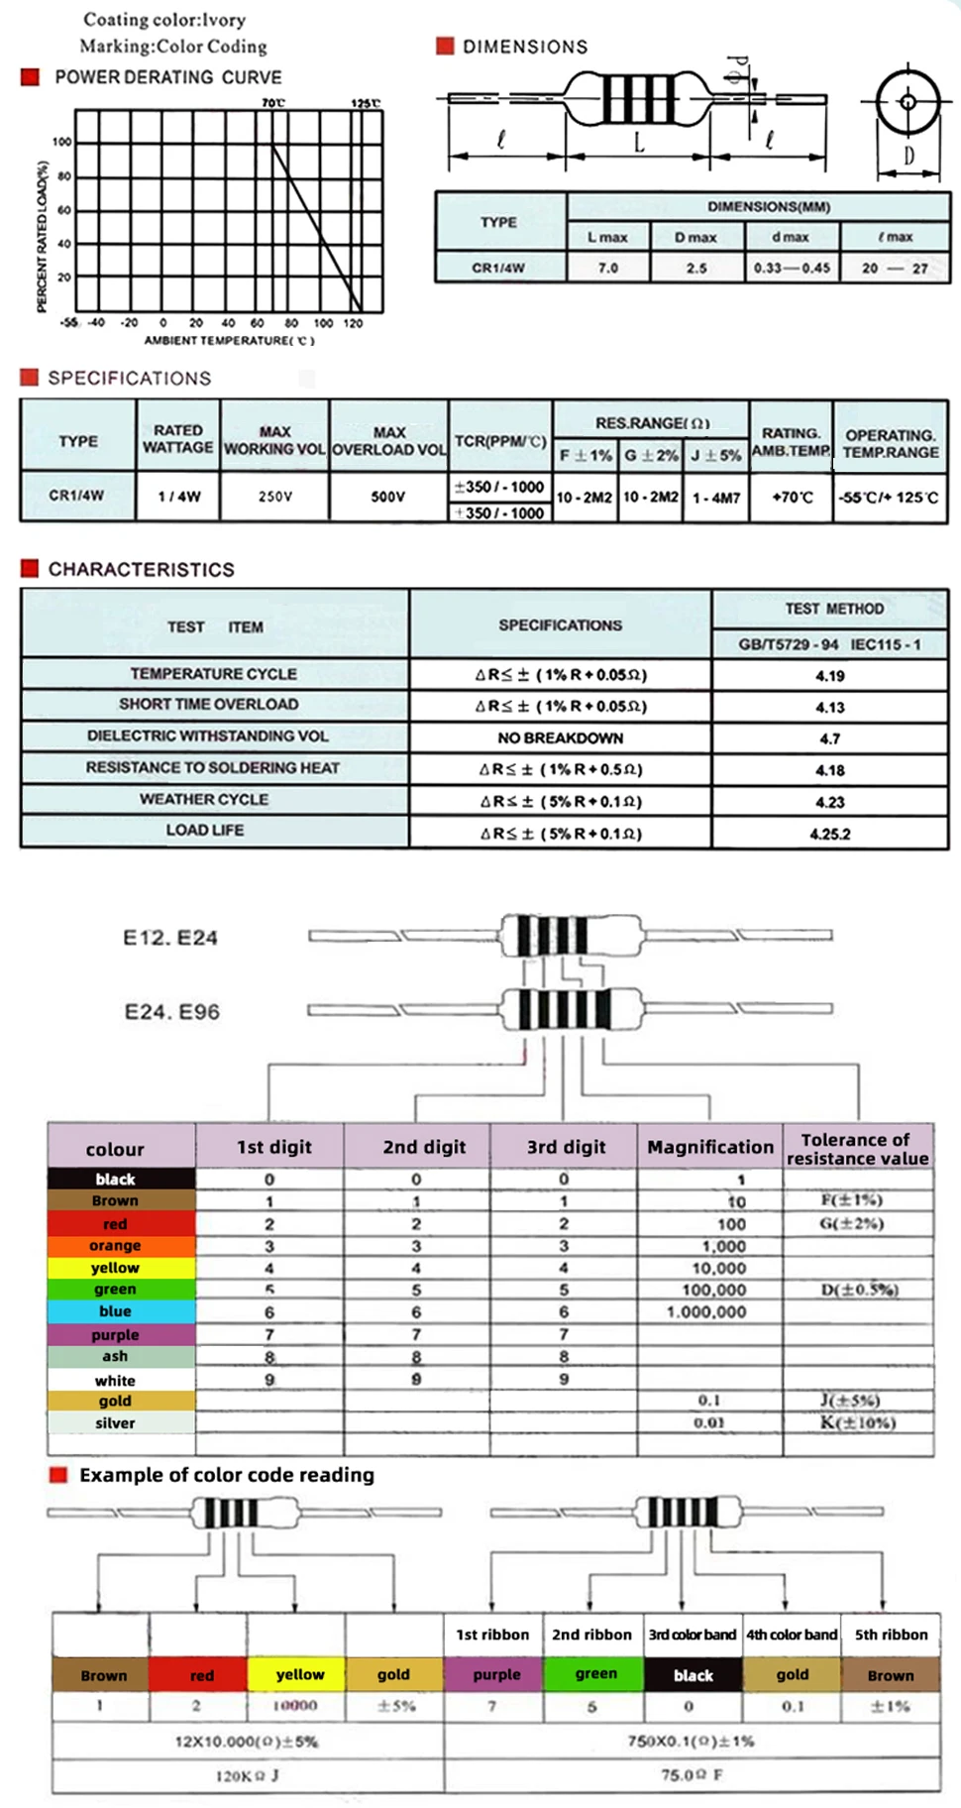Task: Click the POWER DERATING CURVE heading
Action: (167, 77)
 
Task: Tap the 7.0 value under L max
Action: (608, 268)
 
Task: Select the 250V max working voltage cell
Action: (274, 496)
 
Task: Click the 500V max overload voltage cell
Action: (388, 496)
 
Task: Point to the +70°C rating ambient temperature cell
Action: (792, 497)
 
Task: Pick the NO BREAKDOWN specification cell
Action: (560, 737)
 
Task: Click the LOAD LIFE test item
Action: (205, 831)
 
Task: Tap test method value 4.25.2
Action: (830, 834)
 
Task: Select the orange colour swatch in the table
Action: (116, 1246)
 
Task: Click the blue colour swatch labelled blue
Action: (116, 1311)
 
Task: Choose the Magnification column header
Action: (710, 1147)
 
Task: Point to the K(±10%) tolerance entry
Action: (858, 1422)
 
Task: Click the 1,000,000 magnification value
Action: (706, 1311)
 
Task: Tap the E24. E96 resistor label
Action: (171, 1012)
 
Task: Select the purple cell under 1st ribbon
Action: (495, 1674)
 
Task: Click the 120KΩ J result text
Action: (248, 1775)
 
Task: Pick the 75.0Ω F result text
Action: (692, 1774)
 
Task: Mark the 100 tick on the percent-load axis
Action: (62, 143)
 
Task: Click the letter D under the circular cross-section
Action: (908, 156)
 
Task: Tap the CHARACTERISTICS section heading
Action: (142, 570)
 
